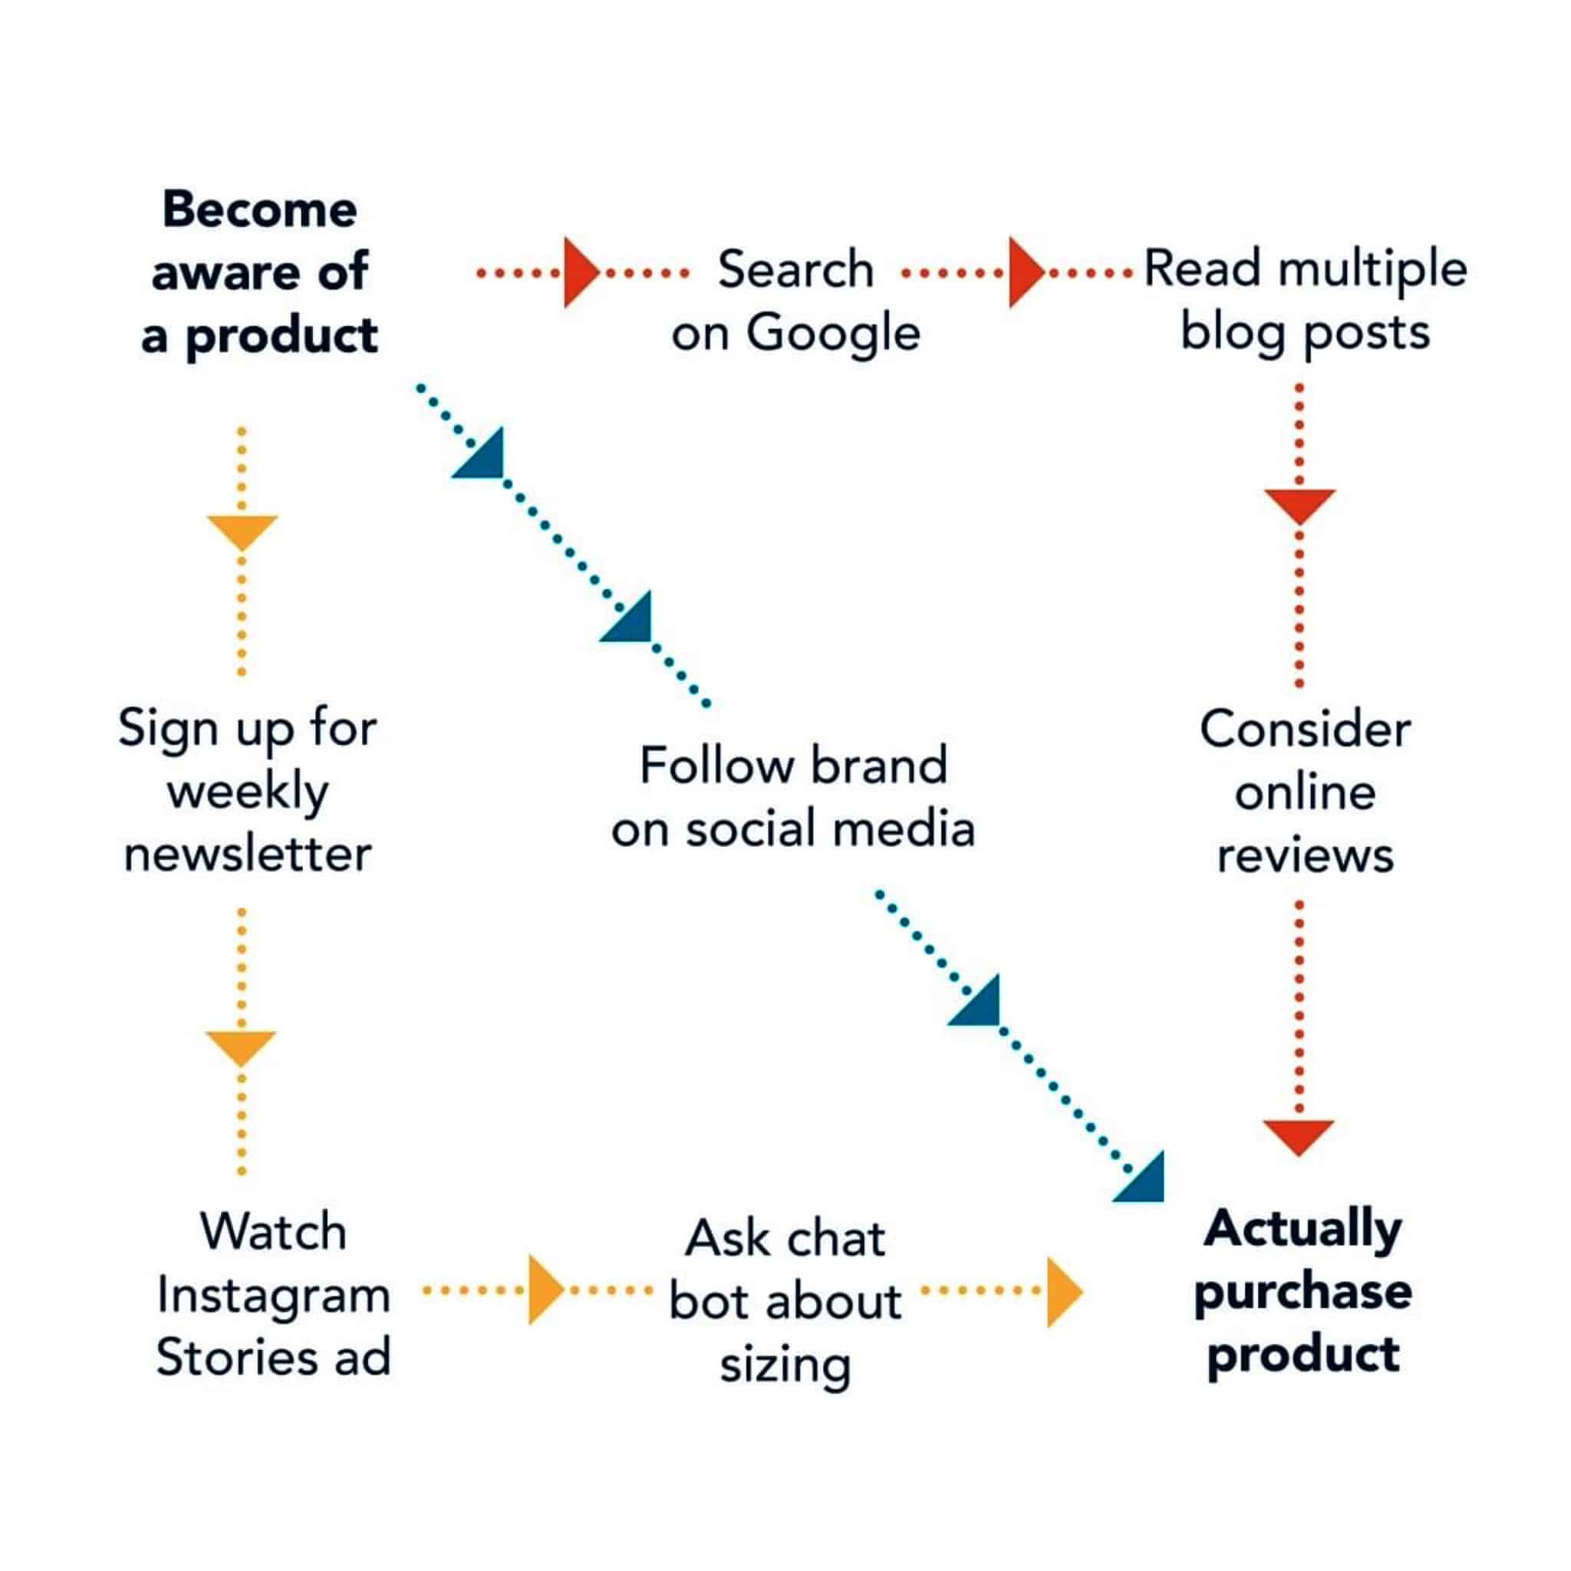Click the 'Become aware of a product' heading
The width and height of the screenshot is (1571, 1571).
[x=259, y=272]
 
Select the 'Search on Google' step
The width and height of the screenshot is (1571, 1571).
[x=795, y=301]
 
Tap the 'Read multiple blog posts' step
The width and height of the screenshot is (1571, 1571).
[x=1305, y=301]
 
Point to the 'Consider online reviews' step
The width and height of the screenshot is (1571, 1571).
[x=1305, y=792]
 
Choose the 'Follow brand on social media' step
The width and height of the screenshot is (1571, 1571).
[x=793, y=797]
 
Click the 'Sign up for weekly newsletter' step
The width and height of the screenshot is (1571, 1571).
[x=247, y=790]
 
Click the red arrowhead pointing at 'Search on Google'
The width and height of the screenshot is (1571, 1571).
[x=581, y=272]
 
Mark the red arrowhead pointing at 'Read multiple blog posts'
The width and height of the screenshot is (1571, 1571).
[x=1026, y=272]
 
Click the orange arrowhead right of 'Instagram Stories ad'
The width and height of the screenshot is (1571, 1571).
[x=545, y=1289]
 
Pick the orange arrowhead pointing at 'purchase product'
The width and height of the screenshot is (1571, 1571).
[x=1065, y=1293]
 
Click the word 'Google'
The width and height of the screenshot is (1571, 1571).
[x=834, y=334]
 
